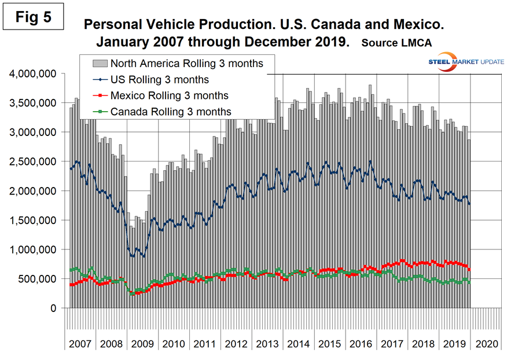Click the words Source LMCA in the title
point(399,43)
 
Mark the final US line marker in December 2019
point(469,204)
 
